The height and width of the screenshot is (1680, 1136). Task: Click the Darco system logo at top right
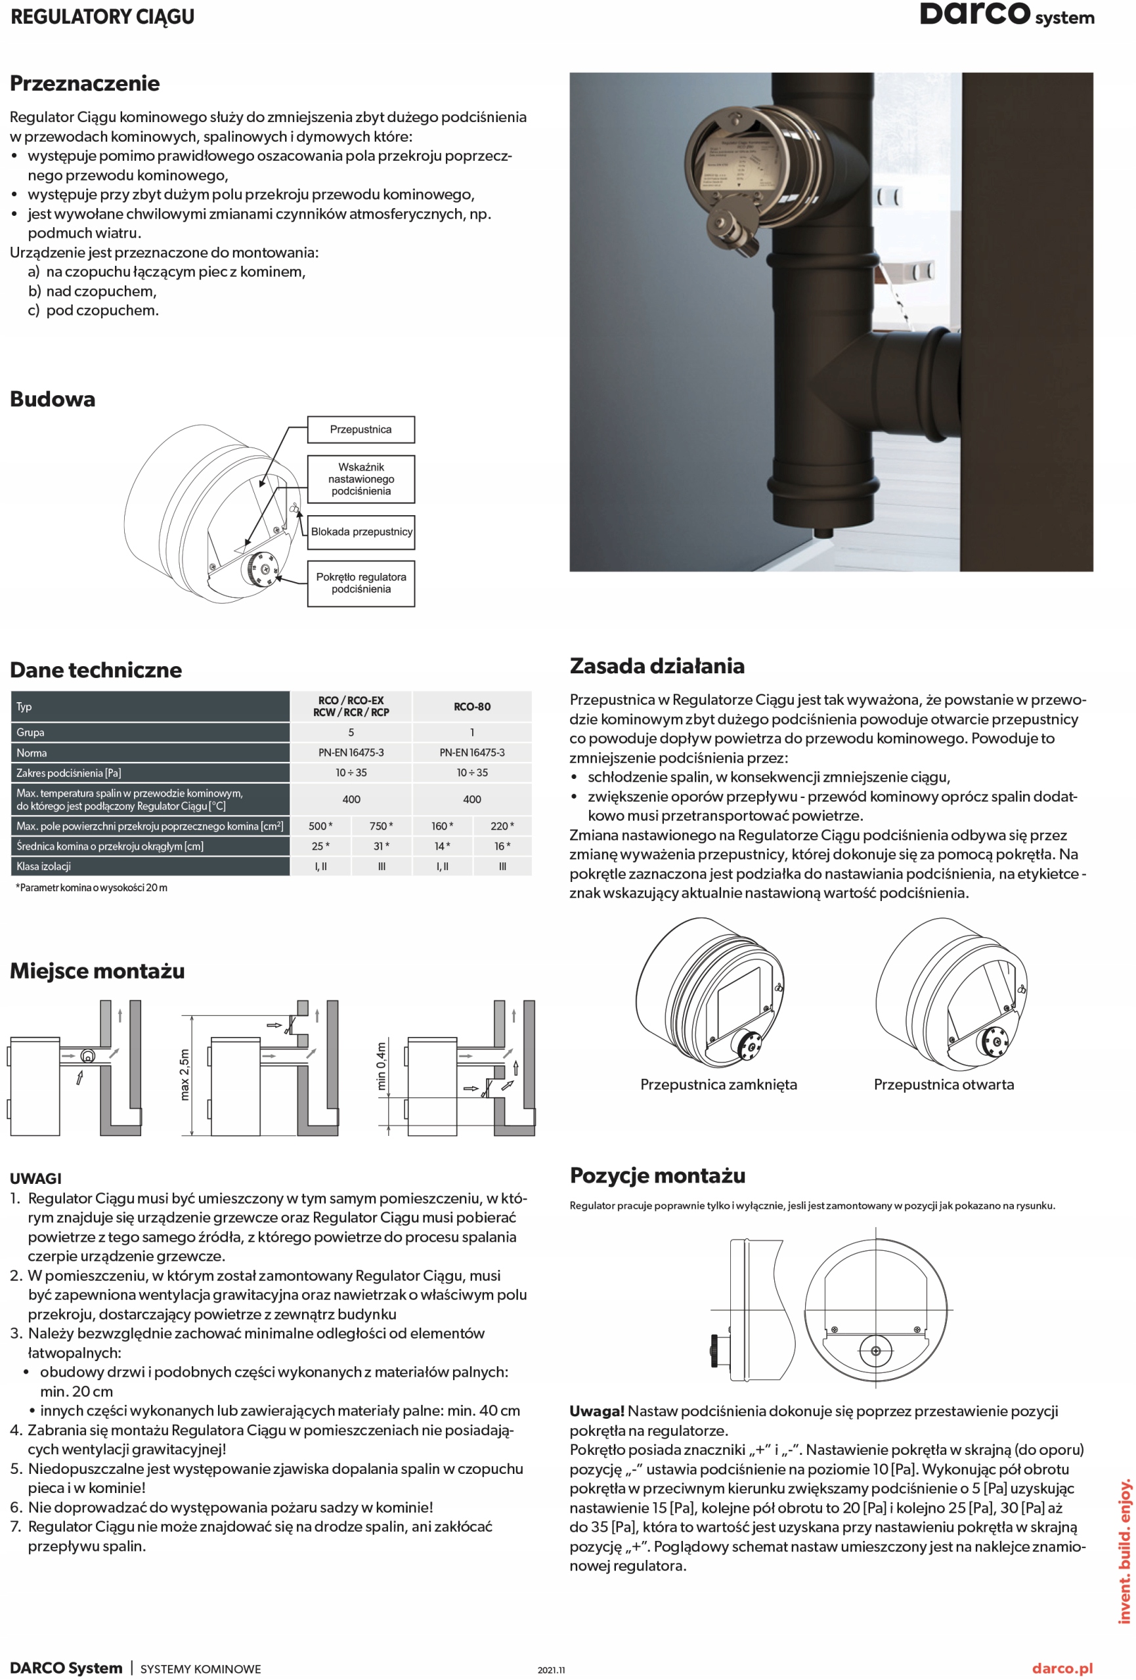coord(1006,14)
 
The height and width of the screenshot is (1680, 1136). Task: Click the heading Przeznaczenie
coord(85,83)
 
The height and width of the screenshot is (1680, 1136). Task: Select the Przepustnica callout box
coord(361,429)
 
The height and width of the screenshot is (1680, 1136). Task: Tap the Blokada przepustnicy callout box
coord(361,532)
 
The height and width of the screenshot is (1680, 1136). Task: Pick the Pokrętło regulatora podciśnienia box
coord(361,583)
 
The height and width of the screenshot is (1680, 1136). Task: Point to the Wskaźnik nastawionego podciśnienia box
coord(361,478)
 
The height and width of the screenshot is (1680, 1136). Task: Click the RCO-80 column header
coord(471,706)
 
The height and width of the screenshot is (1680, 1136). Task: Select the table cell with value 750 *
coord(381,826)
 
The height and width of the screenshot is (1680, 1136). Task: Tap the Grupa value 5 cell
coord(351,732)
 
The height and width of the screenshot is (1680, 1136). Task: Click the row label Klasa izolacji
coord(44,866)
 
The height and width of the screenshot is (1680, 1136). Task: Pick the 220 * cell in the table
coord(502,826)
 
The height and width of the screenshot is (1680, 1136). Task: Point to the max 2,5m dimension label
coord(185,1074)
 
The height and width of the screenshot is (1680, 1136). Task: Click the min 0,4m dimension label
coord(381,1066)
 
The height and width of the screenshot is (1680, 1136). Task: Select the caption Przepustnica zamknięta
coord(718,1084)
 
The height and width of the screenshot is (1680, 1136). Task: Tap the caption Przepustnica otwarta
coord(943,1084)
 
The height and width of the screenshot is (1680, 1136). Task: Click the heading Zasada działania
coord(657,666)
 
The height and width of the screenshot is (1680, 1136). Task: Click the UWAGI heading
coord(35,1179)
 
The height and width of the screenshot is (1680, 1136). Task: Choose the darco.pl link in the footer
coord(1062,1668)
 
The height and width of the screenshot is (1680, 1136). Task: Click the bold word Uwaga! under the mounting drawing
coord(596,1411)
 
